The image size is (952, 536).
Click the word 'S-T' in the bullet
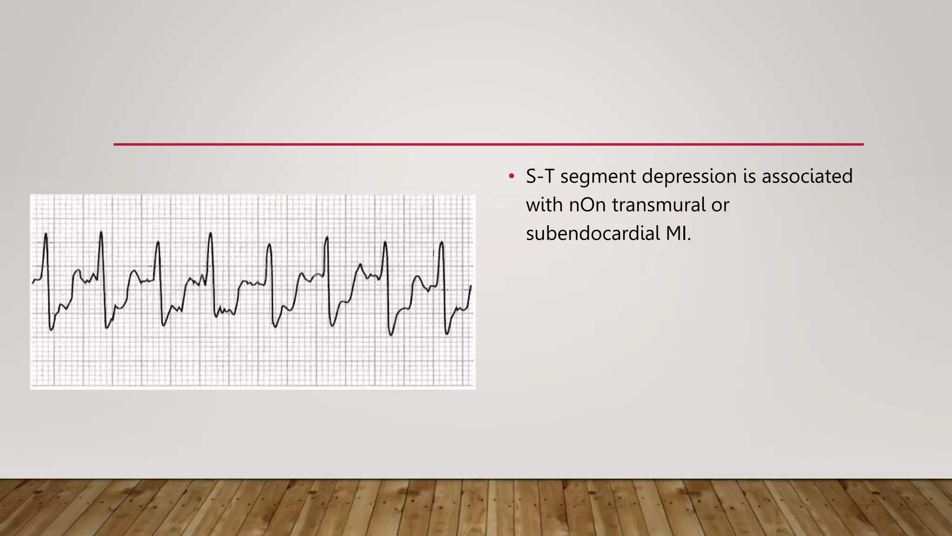click(540, 177)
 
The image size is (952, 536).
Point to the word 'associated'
click(807, 177)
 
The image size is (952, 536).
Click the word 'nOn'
click(587, 205)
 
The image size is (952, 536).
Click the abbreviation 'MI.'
click(678, 234)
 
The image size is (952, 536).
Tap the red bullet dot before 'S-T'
click(512, 176)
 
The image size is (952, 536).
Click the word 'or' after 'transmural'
click(720, 205)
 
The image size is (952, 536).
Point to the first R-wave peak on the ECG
click(46, 234)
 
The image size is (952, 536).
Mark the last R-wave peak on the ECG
click(441, 242)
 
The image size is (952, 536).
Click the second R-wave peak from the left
click(101, 232)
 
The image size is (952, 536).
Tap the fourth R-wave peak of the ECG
click(211, 233)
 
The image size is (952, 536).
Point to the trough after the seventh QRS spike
click(390, 335)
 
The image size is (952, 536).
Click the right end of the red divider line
click(863, 144)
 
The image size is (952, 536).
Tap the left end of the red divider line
click(114, 144)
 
